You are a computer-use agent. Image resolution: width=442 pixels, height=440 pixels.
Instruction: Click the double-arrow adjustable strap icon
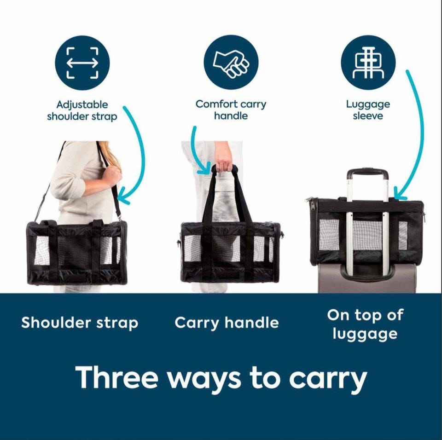pyautogui.click(x=82, y=63)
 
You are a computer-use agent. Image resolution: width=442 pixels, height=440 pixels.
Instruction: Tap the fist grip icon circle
pyautogui.click(x=231, y=62)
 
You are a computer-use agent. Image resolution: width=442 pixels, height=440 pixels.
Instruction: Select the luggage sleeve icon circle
pyautogui.click(x=368, y=62)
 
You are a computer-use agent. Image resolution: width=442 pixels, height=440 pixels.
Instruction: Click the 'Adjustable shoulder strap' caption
pyautogui.click(x=82, y=110)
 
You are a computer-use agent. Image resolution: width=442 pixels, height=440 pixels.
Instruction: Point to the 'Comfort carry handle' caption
pyautogui.click(x=231, y=110)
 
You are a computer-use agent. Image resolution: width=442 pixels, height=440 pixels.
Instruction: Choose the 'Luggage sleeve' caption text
pyautogui.click(x=368, y=110)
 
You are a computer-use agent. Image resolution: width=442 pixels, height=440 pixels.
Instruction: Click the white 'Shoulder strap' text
pyautogui.click(x=80, y=323)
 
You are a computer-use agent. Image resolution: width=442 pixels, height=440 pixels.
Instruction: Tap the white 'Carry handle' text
pyautogui.click(x=227, y=323)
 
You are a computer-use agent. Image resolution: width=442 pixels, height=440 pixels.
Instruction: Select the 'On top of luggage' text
pyautogui.click(x=365, y=325)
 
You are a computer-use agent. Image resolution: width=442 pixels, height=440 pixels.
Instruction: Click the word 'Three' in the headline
pyautogui.click(x=116, y=377)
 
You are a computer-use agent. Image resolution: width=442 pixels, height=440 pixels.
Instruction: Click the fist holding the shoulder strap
pyautogui.click(x=113, y=174)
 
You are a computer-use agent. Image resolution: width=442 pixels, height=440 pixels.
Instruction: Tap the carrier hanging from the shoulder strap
pyautogui.click(x=77, y=252)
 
